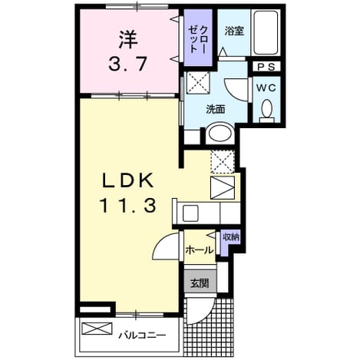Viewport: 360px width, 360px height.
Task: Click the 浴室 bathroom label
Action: [234, 31]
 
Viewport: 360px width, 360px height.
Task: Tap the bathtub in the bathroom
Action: [266, 32]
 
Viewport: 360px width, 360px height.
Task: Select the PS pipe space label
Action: [266, 67]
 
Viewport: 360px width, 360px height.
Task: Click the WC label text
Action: [266, 88]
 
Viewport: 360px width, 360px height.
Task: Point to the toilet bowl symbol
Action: [266, 111]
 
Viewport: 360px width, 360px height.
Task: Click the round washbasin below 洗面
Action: [220, 134]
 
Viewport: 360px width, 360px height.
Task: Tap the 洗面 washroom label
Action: [216, 110]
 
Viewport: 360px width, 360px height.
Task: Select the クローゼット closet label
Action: [197, 39]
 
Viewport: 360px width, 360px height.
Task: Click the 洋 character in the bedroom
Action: [128, 40]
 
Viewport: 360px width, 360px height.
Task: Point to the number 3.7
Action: [127, 64]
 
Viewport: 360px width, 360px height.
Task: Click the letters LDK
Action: [128, 180]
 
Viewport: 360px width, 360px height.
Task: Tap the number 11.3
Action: [127, 206]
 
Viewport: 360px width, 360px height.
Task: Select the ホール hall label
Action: [200, 250]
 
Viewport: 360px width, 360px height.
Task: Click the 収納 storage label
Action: [230, 237]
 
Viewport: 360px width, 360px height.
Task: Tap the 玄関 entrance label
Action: [200, 283]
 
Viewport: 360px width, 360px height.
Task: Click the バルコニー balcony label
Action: [142, 335]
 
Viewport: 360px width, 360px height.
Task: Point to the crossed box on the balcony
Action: [97, 329]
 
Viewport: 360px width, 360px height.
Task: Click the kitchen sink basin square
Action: [191, 213]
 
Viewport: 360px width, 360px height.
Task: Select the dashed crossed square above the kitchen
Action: [223, 162]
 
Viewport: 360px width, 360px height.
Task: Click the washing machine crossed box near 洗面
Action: [198, 83]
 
